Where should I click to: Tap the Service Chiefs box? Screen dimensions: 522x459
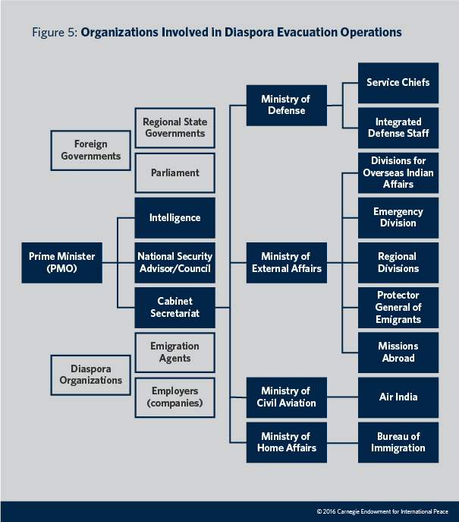coord(398,82)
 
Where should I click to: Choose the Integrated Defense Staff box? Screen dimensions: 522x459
coord(398,128)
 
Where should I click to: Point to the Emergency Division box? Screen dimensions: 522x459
coord(398,217)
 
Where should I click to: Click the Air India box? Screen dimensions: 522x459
coord(398,397)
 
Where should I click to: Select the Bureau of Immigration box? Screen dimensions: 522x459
coord(398,442)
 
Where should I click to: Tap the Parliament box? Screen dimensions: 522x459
coord(174,172)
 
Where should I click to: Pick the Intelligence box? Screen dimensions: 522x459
coord(174,218)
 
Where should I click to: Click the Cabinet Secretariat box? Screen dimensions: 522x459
coord(174,307)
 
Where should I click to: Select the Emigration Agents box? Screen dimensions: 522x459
coord(174,352)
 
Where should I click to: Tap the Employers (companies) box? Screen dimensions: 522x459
coord(174,397)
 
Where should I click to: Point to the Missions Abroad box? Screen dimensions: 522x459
coord(398,352)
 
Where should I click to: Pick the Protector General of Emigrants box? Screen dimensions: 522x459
coord(398,307)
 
